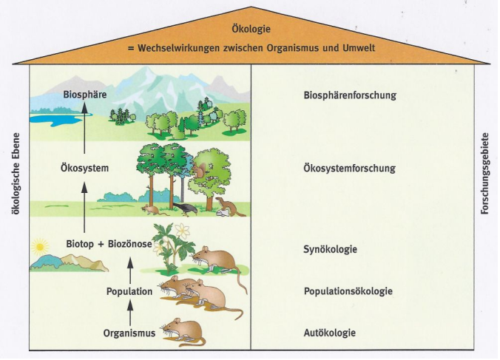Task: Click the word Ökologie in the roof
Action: click(250, 30)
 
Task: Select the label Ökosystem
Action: click(84, 169)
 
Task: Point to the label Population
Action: click(129, 291)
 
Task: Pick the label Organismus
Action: click(129, 333)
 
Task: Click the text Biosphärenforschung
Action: click(350, 95)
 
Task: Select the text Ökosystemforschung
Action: click(349, 169)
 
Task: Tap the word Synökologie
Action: click(331, 249)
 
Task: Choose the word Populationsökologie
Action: click(348, 291)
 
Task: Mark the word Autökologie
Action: click(330, 333)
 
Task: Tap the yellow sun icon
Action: click(40, 245)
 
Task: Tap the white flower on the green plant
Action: click(183, 231)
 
